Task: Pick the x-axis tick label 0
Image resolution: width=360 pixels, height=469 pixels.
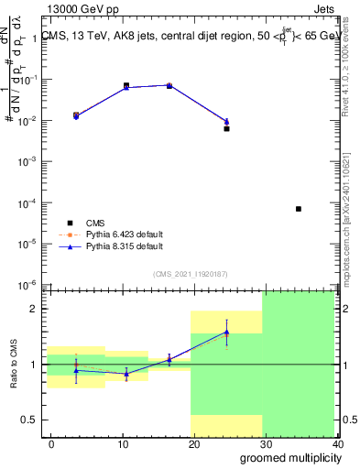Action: [x=51, y=443]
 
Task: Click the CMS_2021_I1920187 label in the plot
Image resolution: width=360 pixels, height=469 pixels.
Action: [x=190, y=274]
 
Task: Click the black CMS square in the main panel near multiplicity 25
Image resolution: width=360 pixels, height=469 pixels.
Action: [x=226, y=128]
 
